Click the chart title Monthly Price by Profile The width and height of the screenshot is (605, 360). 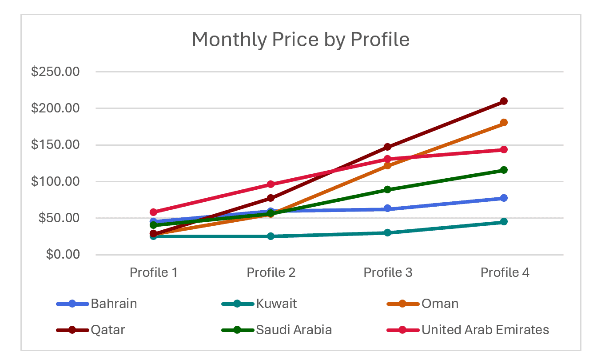pos(300,40)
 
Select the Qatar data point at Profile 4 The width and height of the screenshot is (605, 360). pos(504,101)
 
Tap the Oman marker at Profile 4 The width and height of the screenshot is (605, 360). pos(504,123)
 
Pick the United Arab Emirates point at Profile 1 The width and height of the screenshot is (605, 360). pos(154,212)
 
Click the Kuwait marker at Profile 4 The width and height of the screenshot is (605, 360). pos(504,222)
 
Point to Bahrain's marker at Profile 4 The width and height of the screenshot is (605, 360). pos(504,198)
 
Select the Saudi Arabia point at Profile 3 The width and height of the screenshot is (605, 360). pos(387,190)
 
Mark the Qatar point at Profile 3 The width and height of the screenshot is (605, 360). pos(387,147)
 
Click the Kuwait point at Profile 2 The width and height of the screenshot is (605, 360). pos(271,236)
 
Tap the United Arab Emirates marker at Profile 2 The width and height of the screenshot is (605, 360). pos(271,184)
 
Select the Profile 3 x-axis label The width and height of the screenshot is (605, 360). pos(388,272)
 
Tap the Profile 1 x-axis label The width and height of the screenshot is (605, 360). pos(154,272)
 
